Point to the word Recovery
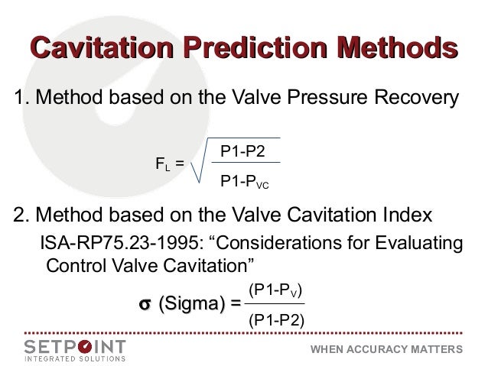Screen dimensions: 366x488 [x=420, y=99]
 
